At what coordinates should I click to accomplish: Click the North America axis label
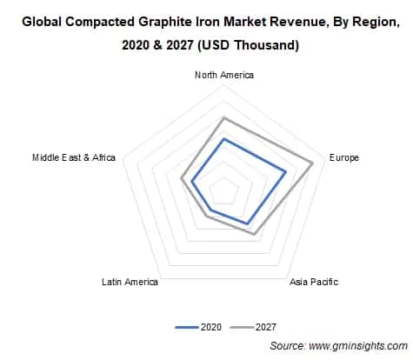(224, 76)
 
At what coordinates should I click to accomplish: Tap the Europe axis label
(343, 158)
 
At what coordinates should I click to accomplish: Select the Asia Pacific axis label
(314, 282)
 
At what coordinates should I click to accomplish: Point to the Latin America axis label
(130, 282)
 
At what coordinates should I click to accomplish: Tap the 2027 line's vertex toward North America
(224, 117)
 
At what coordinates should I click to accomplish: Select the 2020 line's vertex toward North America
(224, 138)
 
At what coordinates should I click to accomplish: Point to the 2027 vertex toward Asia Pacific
(254, 234)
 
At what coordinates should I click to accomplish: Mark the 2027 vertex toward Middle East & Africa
(180, 179)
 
